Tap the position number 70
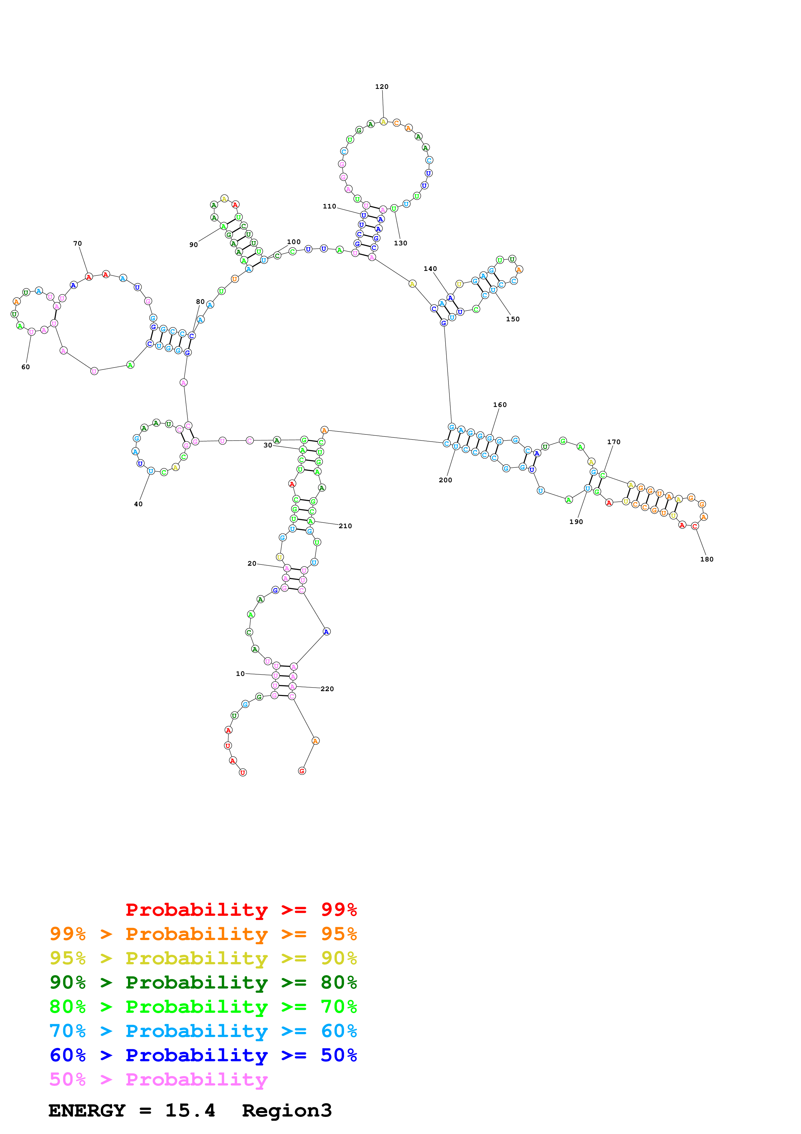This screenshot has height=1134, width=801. tap(78, 243)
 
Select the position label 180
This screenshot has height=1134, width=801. tap(706, 559)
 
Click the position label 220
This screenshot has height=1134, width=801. tap(327, 689)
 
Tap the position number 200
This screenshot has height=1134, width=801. tap(445, 480)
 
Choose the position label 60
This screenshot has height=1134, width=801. tap(26, 367)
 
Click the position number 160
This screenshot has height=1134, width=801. tap(500, 404)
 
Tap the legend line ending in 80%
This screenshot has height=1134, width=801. tap(203, 982)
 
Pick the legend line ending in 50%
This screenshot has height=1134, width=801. tap(203, 1055)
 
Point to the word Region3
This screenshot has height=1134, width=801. tap(287, 1110)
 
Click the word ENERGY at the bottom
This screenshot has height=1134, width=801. tap(87, 1110)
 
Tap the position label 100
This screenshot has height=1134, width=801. tap(294, 242)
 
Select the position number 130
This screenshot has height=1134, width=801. tap(400, 243)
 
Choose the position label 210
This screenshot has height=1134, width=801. tap(345, 526)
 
